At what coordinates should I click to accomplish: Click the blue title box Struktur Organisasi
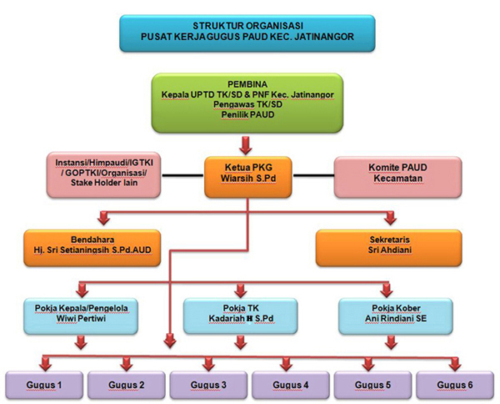pos(250,31)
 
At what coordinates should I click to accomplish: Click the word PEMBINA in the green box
pos(250,85)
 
